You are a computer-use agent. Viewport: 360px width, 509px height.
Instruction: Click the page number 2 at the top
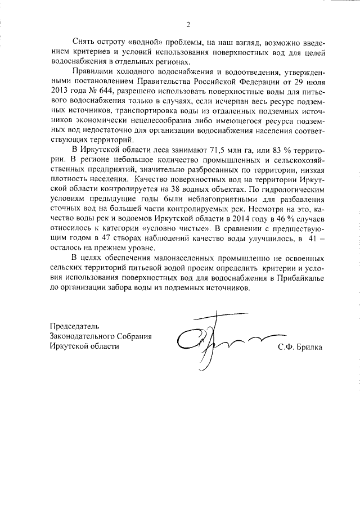(x=188, y=25)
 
